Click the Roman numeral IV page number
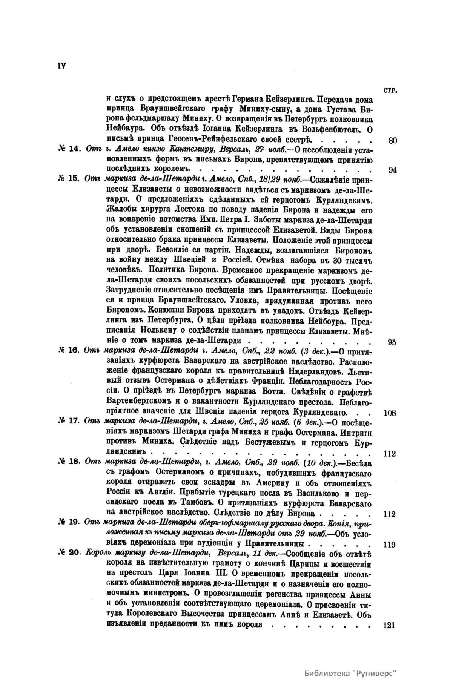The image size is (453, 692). click(x=62, y=65)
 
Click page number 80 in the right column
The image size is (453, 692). click(x=392, y=141)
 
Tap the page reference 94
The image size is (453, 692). click(x=392, y=169)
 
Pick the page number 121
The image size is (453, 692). click(x=389, y=625)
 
